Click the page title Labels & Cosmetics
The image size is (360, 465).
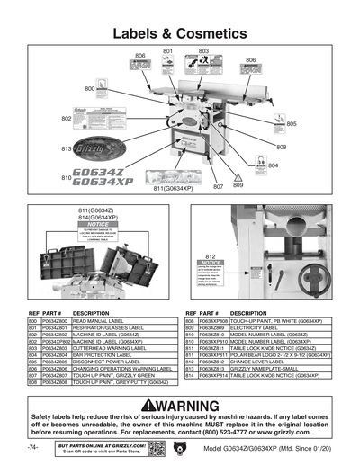[180, 33]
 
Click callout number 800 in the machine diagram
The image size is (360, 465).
[90, 89]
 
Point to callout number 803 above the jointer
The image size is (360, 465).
[203, 51]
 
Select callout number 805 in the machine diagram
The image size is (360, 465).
[292, 123]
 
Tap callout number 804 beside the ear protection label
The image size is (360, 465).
[273, 165]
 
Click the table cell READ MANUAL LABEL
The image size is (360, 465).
[98, 320]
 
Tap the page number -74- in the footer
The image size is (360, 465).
[32, 447]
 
